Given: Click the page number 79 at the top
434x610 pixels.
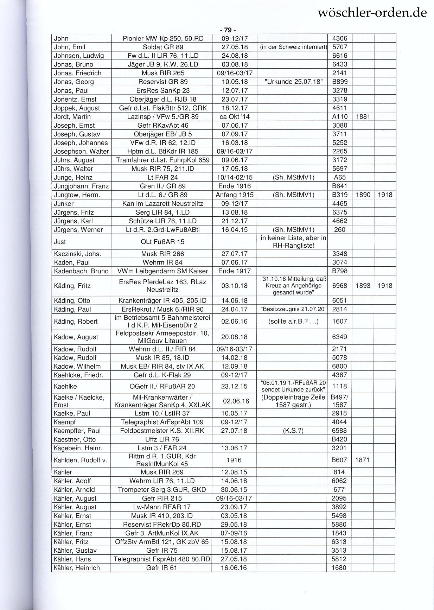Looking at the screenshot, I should pos(228,30).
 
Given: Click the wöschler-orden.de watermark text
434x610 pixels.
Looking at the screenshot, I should pos(372,13).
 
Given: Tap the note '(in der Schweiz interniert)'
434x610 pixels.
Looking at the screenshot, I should pos(293,47).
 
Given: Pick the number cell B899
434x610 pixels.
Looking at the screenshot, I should pos(339,82).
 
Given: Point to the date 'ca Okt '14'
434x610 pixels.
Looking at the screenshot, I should pos(234,117).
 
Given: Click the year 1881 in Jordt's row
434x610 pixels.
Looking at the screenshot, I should pos(363,117).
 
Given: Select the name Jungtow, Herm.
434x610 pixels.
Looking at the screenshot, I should pos(77,195).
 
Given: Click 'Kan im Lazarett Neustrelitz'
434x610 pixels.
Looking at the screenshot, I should pos(163,204).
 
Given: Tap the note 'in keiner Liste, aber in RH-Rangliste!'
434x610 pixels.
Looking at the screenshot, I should pos(293,242).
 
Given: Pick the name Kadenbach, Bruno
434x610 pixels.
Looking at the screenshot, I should pos(81,271).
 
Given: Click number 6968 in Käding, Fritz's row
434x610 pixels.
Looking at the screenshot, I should pos(339,286).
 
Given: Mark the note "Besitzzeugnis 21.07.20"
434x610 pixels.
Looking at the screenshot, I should pos(293,309).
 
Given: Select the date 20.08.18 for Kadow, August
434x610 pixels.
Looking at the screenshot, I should pos(234,337).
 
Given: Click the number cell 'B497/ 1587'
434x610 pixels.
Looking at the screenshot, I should pos(339,401).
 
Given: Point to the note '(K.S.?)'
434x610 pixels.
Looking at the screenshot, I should pos(293,431).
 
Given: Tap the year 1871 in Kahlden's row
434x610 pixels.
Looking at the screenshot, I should pos(363,460).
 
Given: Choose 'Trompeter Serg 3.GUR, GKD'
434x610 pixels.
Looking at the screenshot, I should pos(162,490).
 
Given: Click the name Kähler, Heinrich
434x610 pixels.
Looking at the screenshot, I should pos(77,568).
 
